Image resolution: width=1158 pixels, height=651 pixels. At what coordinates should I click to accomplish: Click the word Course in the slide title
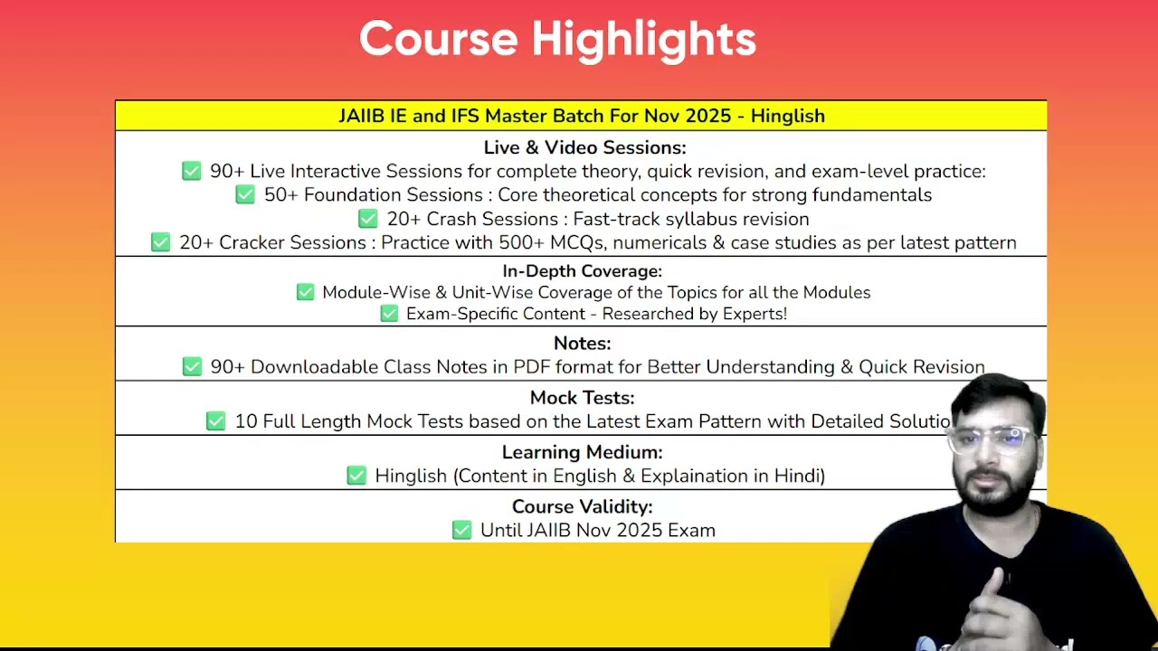pos(439,39)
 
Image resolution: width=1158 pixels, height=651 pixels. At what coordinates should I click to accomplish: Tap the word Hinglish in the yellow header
pos(787,117)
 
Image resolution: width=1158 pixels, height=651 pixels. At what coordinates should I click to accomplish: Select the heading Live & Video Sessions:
pos(584,147)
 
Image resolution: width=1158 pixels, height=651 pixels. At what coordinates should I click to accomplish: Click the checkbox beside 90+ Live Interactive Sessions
pos(191,171)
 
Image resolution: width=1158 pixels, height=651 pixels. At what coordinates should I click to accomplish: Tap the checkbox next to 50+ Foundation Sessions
pos(245,194)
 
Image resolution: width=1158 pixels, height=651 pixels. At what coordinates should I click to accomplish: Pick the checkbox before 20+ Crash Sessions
pos(367,218)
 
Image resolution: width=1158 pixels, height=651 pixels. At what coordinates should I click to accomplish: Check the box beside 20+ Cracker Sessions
pos(160,241)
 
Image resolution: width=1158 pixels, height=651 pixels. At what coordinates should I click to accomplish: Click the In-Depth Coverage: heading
pos(582,270)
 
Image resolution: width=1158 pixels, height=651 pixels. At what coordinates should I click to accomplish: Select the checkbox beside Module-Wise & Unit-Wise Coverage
pos(305,292)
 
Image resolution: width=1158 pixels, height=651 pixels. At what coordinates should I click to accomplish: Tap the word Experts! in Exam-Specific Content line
pos(755,314)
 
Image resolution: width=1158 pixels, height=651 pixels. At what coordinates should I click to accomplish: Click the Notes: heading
pos(582,343)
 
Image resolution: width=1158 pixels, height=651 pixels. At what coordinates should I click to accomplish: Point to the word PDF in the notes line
pos(531,367)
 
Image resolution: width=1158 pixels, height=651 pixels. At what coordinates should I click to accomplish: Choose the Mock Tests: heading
pos(582,397)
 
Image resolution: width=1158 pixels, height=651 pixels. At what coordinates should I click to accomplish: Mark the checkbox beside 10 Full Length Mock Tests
pos(215,420)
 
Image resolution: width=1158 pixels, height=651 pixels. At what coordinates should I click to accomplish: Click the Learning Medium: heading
pos(582,452)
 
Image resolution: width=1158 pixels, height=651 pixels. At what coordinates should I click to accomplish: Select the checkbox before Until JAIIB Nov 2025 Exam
pos(461,530)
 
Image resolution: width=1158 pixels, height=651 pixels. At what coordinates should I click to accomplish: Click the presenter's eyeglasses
pos(992,439)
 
